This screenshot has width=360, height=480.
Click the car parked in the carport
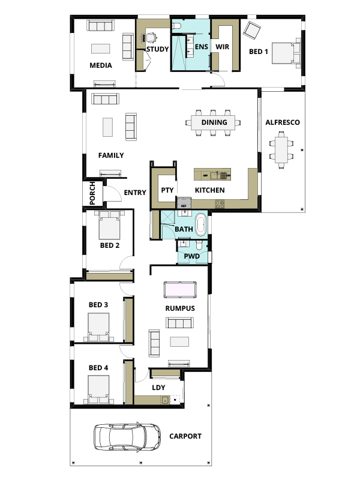pyautogui.click(x=127, y=436)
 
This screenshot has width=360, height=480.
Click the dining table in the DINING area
pyautogui.click(x=214, y=123)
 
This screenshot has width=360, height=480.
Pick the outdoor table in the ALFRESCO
pyautogui.click(x=280, y=148)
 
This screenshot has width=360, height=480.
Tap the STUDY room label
pyautogui.click(x=157, y=49)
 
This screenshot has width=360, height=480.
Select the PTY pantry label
pyautogui.click(x=167, y=190)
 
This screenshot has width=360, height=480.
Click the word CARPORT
pyautogui.click(x=185, y=436)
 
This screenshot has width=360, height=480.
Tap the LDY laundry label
pyautogui.click(x=158, y=387)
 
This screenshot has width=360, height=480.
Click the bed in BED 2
pyautogui.click(x=109, y=225)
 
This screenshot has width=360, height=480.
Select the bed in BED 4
pyautogui.click(x=98, y=389)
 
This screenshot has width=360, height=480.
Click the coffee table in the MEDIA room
pyautogui.click(x=100, y=49)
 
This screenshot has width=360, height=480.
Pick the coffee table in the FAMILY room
pyautogui.click(x=107, y=127)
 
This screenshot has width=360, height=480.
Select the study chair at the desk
pyautogui.click(x=151, y=36)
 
